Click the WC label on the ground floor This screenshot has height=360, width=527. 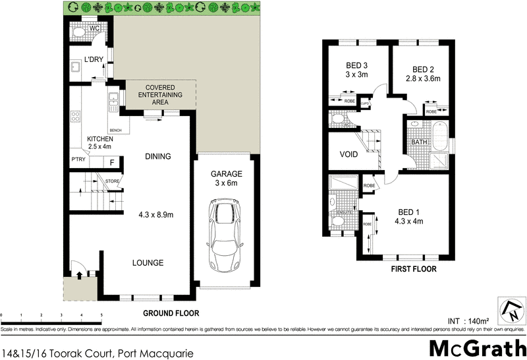[x=95, y=28]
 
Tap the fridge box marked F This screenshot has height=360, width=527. [x=112, y=162]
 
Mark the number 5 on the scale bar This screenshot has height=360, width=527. [x=101, y=316]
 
